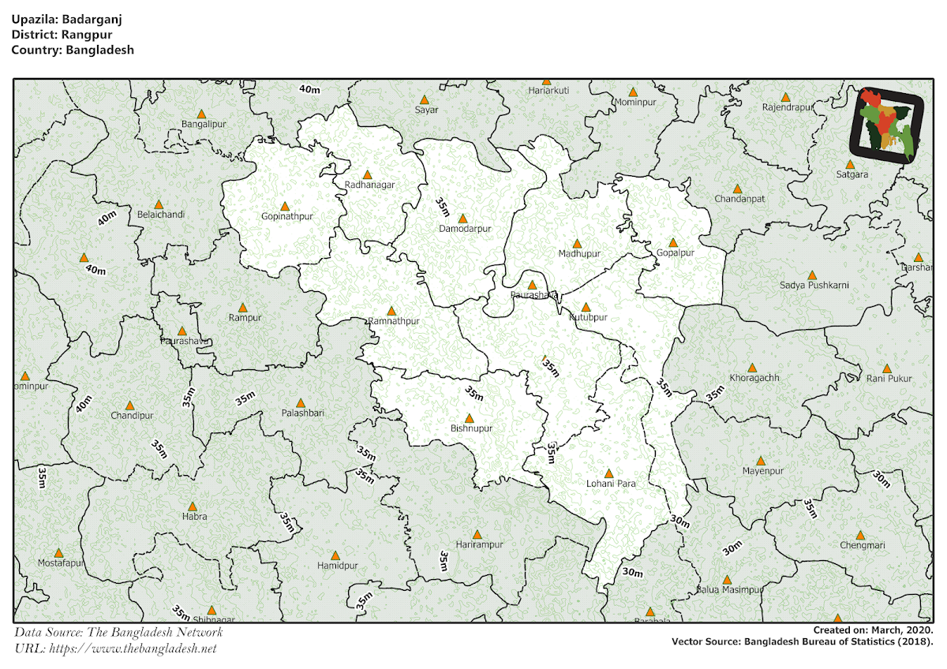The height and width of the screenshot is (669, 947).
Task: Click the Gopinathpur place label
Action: coord(287,216)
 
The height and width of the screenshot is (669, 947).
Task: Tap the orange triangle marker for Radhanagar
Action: coord(367,174)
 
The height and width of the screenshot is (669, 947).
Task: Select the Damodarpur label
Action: coord(465,229)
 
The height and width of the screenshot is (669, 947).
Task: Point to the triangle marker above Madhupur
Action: coord(577,244)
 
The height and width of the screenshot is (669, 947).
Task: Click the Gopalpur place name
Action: coord(676,253)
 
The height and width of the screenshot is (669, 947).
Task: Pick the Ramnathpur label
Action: coord(394,321)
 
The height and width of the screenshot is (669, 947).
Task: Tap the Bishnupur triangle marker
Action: coord(470,418)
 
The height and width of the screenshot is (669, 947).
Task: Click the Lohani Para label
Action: coord(611,484)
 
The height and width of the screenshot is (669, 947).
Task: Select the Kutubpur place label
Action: coord(589,317)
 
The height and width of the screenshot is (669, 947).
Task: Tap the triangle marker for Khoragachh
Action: coord(753,368)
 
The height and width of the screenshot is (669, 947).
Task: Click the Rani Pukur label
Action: coord(889,379)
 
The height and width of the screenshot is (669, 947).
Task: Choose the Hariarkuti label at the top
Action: coord(548,91)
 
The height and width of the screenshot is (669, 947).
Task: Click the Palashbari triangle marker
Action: coord(301,402)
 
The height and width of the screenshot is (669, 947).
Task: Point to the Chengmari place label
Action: coord(863,545)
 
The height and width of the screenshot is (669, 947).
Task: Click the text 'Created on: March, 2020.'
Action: coord(874,630)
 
